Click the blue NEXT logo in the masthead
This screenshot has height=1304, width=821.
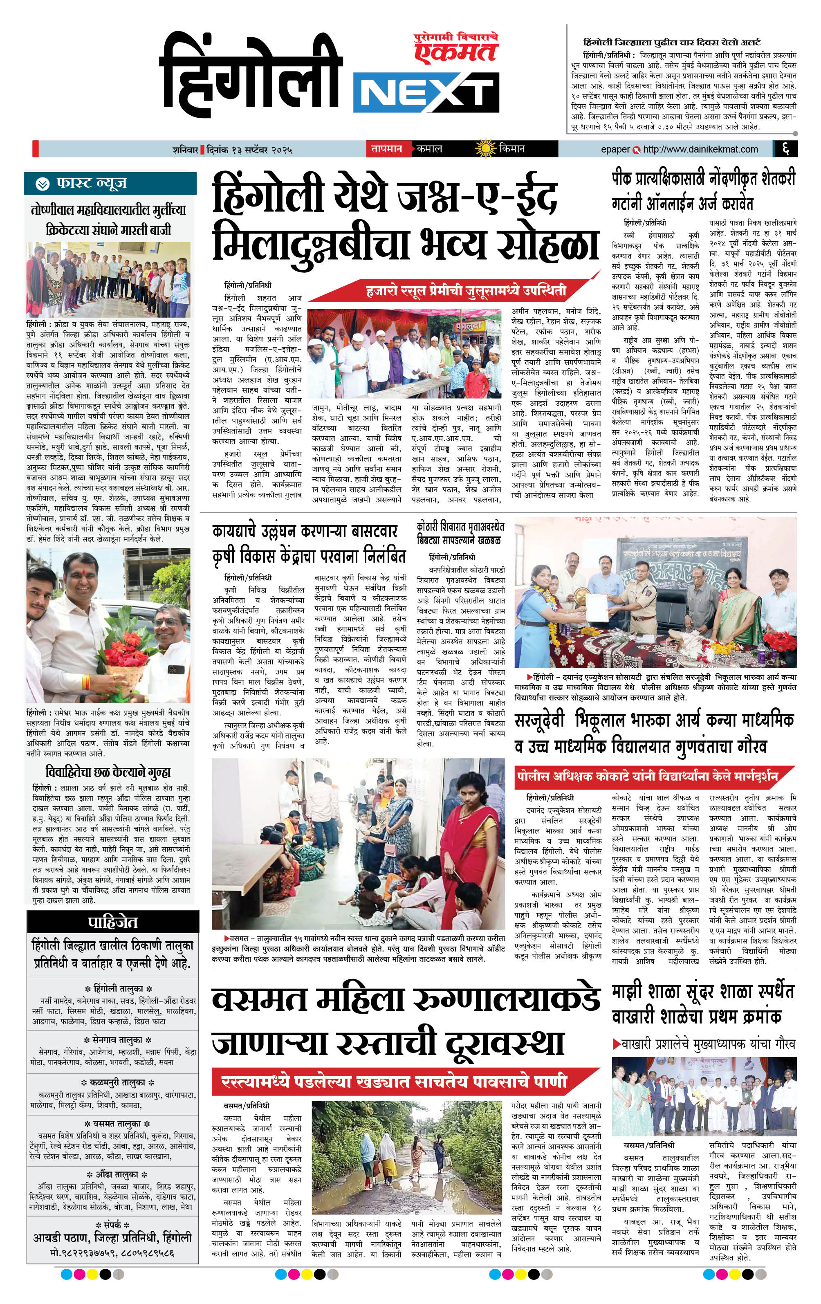click(x=426, y=93)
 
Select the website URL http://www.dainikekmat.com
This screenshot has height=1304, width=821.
click(x=701, y=149)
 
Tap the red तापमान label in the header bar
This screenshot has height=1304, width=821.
click(x=387, y=148)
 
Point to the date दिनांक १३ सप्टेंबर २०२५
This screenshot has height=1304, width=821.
click(x=249, y=149)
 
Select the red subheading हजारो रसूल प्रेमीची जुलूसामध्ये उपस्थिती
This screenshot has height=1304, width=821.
click(x=466, y=291)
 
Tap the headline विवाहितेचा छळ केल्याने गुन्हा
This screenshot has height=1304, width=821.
click(x=108, y=771)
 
